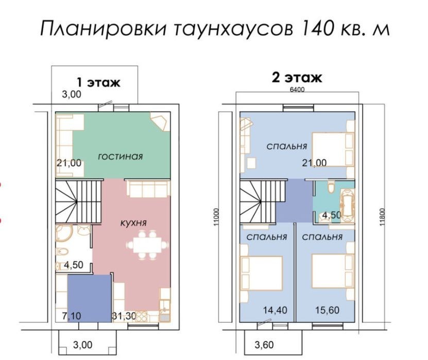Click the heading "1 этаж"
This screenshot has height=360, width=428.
pyautogui.click(x=98, y=82)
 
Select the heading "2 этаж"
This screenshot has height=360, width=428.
pyautogui.click(x=297, y=78)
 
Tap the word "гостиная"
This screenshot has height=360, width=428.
pyautogui.click(x=121, y=157)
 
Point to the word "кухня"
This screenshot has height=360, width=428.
pyautogui.click(x=133, y=223)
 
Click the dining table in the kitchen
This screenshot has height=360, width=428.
pyautogui.click(x=147, y=245)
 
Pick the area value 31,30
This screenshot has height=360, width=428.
pyautogui.click(x=124, y=316)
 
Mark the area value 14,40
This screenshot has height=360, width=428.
pyautogui.click(x=275, y=310)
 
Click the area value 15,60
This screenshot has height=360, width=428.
pyautogui.click(x=327, y=310)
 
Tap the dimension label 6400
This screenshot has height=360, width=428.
pyautogui.click(x=297, y=90)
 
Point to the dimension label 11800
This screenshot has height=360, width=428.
pyautogui.click(x=382, y=217)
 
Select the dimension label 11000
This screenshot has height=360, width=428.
pyautogui.click(x=216, y=217)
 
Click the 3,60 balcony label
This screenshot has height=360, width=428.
pyautogui.click(x=264, y=345)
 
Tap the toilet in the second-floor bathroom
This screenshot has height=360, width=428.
pyautogui.click(x=331, y=187)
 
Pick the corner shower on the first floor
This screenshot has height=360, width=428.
pyautogui.click(x=63, y=233)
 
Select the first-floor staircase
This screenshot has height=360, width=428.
pyautogui.click(x=79, y=201)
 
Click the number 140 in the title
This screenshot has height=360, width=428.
pyautogui.click(x=318, y=28)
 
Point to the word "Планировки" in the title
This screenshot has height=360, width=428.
pyautogui.click(x=103, y=28)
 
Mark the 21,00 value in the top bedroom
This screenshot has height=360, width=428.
pyautogui.click(x=314, y=163)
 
